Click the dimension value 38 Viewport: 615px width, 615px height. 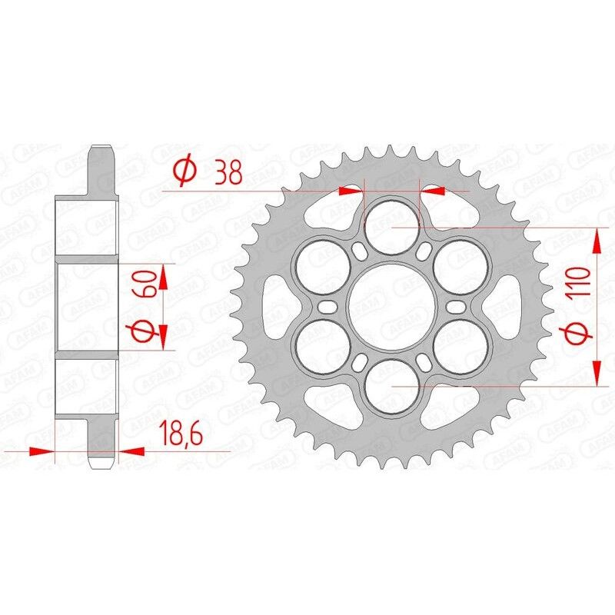tap(228, 170)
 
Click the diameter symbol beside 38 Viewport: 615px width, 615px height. tap(184, 170)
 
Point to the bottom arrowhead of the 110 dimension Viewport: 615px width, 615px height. tap(597, 374)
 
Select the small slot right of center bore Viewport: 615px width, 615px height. tap(455, 307)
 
